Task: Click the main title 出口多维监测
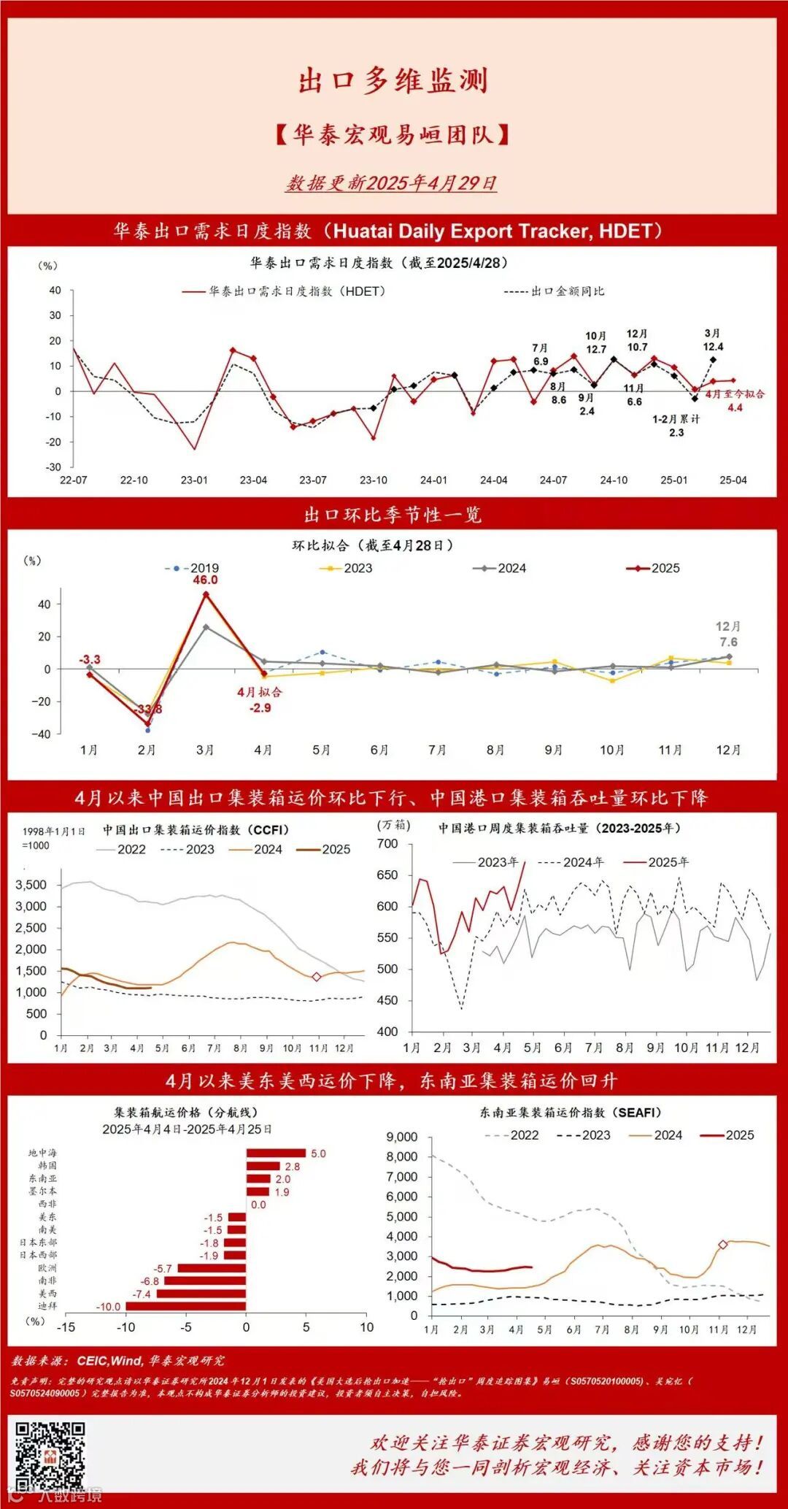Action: tap(393, 80)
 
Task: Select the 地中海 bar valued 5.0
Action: tap(276, 1153)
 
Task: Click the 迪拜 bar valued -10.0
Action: tap(185, 1306)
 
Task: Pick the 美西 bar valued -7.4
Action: tap(201, 1294)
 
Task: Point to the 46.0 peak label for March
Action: tap(205, 580)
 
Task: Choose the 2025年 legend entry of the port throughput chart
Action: tap(656, 862)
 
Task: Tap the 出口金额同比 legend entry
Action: tap(555, 291)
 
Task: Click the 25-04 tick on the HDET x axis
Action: tap(733, 480)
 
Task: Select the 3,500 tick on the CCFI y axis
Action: tap(31, 885)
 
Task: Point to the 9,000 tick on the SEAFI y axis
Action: tap(402, 1137)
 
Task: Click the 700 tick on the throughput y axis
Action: tap(387, 844)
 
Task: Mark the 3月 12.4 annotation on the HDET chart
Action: tap(713, 340)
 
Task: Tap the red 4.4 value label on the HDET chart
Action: tap(735, 407)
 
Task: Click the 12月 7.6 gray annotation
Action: tap(728, 634)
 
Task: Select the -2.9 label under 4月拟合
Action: tap(260, 707)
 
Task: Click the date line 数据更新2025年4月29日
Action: tap(391, 183)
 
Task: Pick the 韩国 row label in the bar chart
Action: tap(47, 1166)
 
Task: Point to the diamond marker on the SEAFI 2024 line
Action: tap(722, 1245)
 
